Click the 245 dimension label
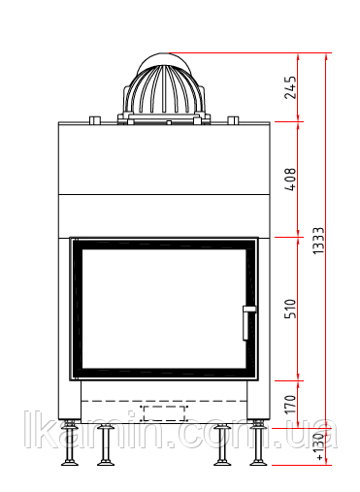tap(290, 87)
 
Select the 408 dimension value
tap(290, 180)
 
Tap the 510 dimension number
tap(290, 309)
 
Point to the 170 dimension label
tap(290, 404)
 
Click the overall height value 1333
tap(318, 241)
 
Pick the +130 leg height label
tap(319, 446)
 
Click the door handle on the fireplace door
tap(248, 323)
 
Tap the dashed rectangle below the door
tap(164, 413)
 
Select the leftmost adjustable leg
tap(70, 443)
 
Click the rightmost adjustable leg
tap(258, 443)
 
